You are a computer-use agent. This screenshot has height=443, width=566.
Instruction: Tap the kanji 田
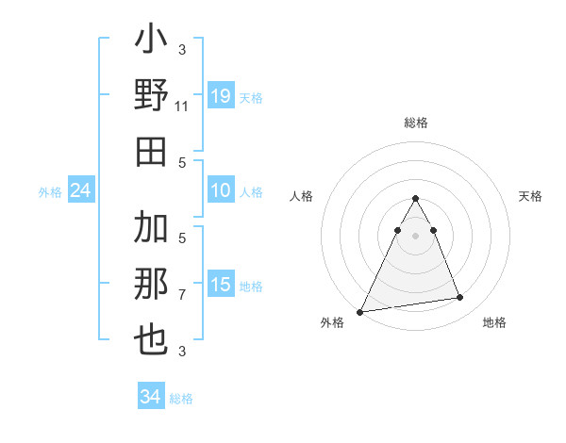click(x=152, y=151)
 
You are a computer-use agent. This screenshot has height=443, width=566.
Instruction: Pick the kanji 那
click(x=152, y=284)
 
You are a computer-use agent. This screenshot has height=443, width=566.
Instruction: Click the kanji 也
click(x=152, y=340)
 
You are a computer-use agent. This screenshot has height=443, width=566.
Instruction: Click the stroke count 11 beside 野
click(x=182, y=107)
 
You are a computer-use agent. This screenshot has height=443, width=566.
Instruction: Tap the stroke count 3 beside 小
click(x=182, y=50)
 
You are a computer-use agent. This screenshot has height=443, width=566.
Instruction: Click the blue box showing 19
click(x=221, y=96)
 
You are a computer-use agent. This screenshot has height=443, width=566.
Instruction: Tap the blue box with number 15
click(x=221, y=285)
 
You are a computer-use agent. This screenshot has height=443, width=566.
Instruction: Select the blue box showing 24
click(x=81, y=191)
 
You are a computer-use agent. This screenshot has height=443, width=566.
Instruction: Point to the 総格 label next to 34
click(x=181, y=399)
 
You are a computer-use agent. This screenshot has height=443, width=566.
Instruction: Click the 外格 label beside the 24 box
click(x=50, y=192)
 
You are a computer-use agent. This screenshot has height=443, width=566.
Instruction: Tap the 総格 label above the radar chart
click(x=416, y=123)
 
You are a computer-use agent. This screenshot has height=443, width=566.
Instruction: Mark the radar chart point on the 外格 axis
click(x=360, y=311)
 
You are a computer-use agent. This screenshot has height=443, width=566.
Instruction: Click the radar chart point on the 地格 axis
click(x=460, y=298)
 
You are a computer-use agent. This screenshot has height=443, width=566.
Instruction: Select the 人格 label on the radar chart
click(x=302, y=196)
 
